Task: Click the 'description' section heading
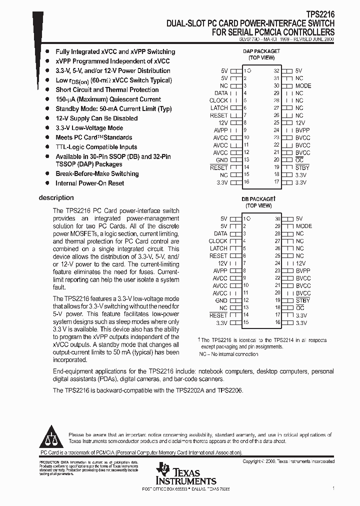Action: (x=56, y=197)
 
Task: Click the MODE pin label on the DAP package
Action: (x=303, y=85)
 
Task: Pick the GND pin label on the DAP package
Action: (x=221, y=160)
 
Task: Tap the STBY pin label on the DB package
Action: (x=302, y=300)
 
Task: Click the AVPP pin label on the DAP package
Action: (x=220, y=130)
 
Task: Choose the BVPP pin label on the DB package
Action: (x=303, y=270)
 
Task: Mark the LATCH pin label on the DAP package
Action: (x=219, y=108)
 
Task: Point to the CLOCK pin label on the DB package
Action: (x=218, y=241)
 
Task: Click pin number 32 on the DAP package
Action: (x=276, y=71)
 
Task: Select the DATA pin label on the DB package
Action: (x=220, y=233)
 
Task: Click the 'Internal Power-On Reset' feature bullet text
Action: (x=89, y=183)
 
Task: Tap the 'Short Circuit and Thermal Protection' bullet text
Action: (x=107, y=90)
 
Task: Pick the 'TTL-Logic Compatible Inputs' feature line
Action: (x=96, y=147)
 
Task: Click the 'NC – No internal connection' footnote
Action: (x=228, y=354)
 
